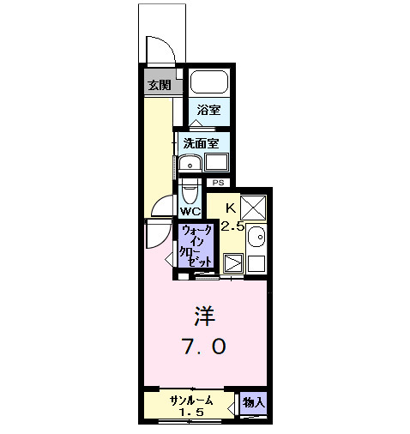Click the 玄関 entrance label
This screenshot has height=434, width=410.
point(159,85)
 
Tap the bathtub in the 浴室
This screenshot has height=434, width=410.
point(208,82)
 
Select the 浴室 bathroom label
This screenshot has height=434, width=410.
point(208,110)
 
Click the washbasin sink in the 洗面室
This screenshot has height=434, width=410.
point(190,163)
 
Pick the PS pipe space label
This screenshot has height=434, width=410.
point(218,182)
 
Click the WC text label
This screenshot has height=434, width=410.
point(190,210)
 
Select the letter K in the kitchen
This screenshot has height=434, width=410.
point(231,207)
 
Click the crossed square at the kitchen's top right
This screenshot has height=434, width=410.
point(253,208)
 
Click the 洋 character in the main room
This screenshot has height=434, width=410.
point(202,316)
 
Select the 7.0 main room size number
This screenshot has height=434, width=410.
point(203,347)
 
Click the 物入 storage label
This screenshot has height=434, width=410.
point(252,401)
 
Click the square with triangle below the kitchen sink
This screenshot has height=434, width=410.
point(232,264)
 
